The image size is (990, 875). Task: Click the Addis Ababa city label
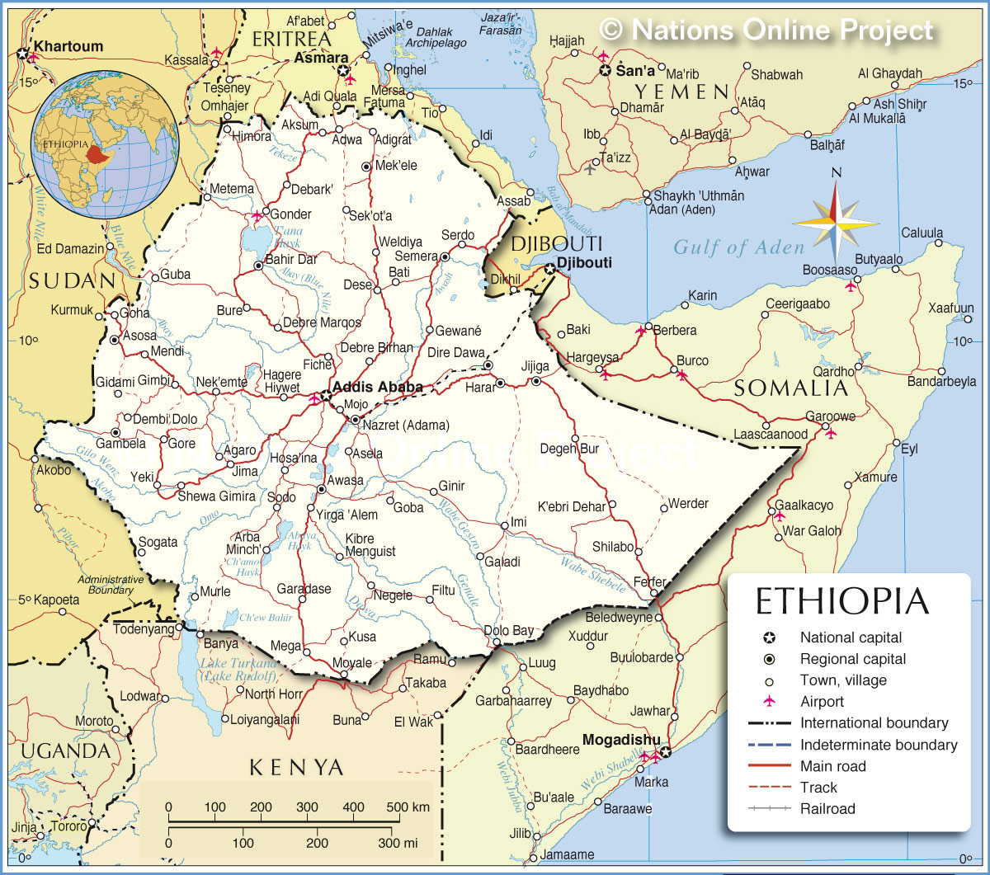pos(377,387)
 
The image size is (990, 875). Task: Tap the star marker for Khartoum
pos(22,54)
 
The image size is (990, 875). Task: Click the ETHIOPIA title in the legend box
pos(842,601)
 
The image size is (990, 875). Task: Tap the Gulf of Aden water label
pos(738,247)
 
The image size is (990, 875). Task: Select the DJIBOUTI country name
pos(557,243)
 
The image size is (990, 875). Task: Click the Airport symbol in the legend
pos(770,702)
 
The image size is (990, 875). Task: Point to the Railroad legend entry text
pos(827,809)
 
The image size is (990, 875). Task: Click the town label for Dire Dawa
pos(455,352)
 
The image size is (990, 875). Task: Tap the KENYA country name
pos(296,768)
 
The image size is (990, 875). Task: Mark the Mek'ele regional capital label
pos(396,165)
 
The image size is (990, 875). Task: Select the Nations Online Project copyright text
pos(766,31)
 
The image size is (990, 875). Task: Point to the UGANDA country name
pos(65,750)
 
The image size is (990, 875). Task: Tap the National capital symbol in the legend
pos(770,637)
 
